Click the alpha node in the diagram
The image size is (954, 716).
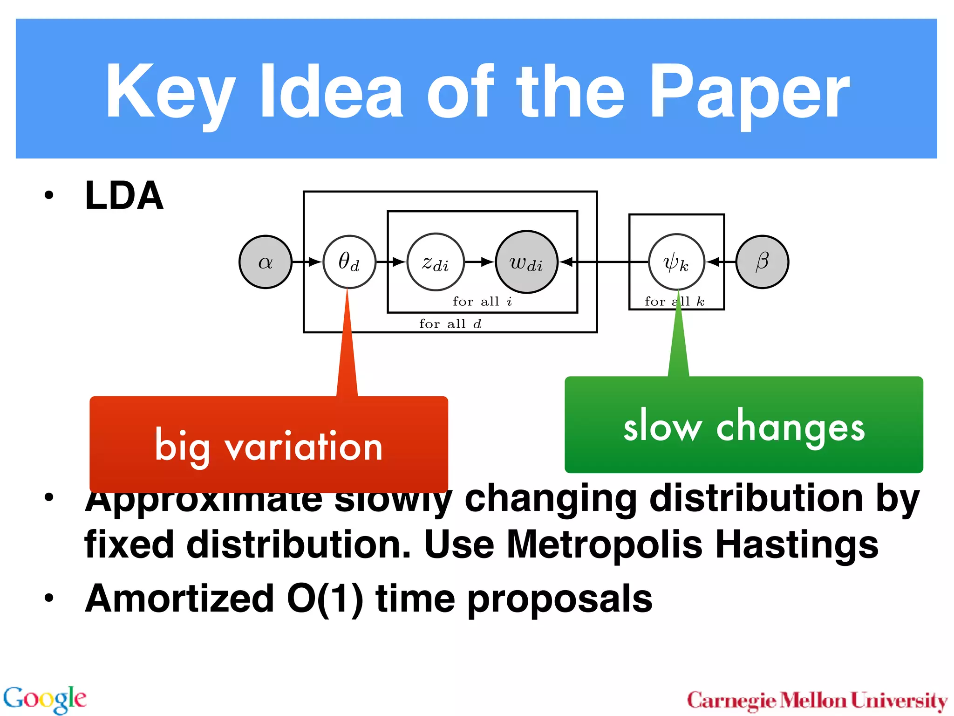pos(265,262)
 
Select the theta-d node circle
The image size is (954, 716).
pos(349,262)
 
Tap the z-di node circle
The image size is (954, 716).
pos(436,262)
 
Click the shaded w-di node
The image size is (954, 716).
pos(526,262)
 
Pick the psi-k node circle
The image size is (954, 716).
pos(676,262)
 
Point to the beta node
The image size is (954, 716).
pos(762,262)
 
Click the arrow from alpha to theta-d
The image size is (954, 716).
pos(307,262)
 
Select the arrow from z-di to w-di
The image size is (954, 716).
pos(480,262)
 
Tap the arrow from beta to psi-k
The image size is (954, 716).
pos(720,262)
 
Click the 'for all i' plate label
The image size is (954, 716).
pos(482,302)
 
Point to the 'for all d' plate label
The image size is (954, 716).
pos(450,324)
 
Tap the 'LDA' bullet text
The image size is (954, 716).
pos(124,196)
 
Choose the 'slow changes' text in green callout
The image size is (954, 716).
pos(744,427)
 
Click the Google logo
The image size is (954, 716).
pos(45,699)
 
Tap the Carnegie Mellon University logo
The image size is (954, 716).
pos(817,701)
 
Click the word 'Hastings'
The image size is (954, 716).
pos(797,544)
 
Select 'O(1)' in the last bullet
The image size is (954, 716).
pos(325,599)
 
